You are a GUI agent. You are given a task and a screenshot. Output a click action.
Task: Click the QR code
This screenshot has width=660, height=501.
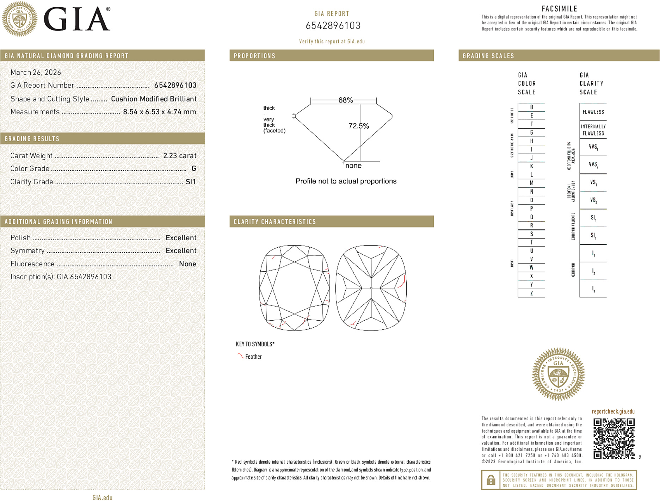pyautogui.click(x=614, y=438)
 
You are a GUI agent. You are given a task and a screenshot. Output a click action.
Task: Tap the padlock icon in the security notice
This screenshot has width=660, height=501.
pyautogui.click(x=491, y=480)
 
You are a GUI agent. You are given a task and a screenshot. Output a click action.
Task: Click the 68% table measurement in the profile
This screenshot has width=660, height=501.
pyautogui.click(x=345, y=100)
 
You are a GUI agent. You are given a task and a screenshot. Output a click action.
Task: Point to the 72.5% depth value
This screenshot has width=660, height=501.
pyautogui.click(x=359, y=126)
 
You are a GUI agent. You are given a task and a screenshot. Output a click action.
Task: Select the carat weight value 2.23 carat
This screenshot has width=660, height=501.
pyautogui.click(x=180, y=156)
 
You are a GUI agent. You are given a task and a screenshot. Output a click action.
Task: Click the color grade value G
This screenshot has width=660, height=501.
pyautogui.click(x=194, y=169)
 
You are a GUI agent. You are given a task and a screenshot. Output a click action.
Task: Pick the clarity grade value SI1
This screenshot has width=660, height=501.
pyautogui.click(x=191, y=182)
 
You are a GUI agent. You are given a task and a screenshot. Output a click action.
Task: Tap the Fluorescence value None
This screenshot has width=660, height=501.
pyautogui.click(x=187, y=264)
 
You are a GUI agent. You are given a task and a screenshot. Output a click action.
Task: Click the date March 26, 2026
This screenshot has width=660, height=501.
pyautogui.click(x=36, y=72)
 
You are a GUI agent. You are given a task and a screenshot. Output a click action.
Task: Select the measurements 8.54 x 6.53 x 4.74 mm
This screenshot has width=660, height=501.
pyautogui.click(x=159, y=112)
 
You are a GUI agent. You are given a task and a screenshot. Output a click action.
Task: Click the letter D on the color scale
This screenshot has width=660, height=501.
pyautogui.click(x=531, y=107)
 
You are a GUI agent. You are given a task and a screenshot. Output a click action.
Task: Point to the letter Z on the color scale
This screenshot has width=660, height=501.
pyautogui.click(x=531, y=293)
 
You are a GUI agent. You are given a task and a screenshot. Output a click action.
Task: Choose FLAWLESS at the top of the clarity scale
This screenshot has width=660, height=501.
pyautogui.click(x=593, y=112)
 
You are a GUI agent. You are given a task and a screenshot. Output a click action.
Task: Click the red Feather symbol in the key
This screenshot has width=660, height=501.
pyautogui.click(x=240, y=356)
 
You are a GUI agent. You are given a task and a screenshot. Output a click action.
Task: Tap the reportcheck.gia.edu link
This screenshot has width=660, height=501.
pyautogui.click(x=613, y=412)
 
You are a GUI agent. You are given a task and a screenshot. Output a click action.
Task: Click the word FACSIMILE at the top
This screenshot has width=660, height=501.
pyautogui.click(x=559, y=9)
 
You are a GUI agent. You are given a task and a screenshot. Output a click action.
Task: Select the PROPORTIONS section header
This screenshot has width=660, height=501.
pyautogui.click(x=254, y=56)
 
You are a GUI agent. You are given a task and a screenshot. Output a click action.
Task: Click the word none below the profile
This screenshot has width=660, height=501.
pyautogui.click(x=353, y=166)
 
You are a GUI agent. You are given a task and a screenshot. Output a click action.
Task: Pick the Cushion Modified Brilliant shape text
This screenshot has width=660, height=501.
pyautogui.click(x=154, y=99)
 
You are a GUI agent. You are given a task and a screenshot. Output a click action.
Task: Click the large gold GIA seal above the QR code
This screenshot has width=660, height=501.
pyautogui.click(x=558, y=374)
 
